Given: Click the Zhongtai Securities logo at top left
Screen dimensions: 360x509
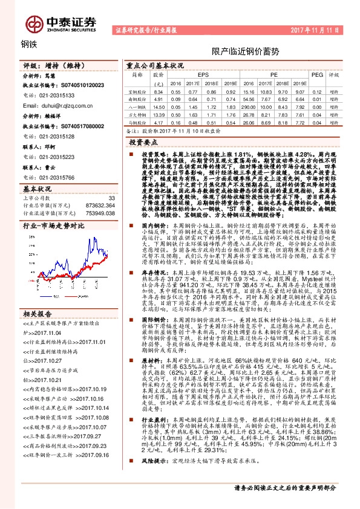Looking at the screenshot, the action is tap(61, 22).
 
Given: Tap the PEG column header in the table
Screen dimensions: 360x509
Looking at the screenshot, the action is tap(316, 75).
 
